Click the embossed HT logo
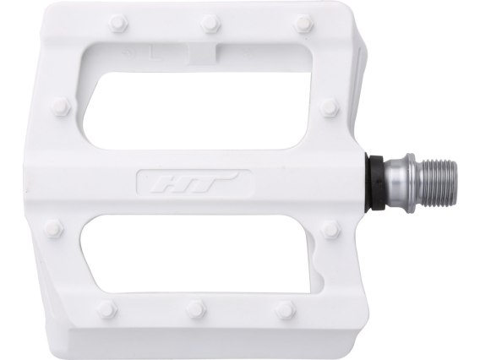click(195, 183)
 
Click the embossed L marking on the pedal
click(155, 53)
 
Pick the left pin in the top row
click(119, 22)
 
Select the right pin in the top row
click(304, 23)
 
